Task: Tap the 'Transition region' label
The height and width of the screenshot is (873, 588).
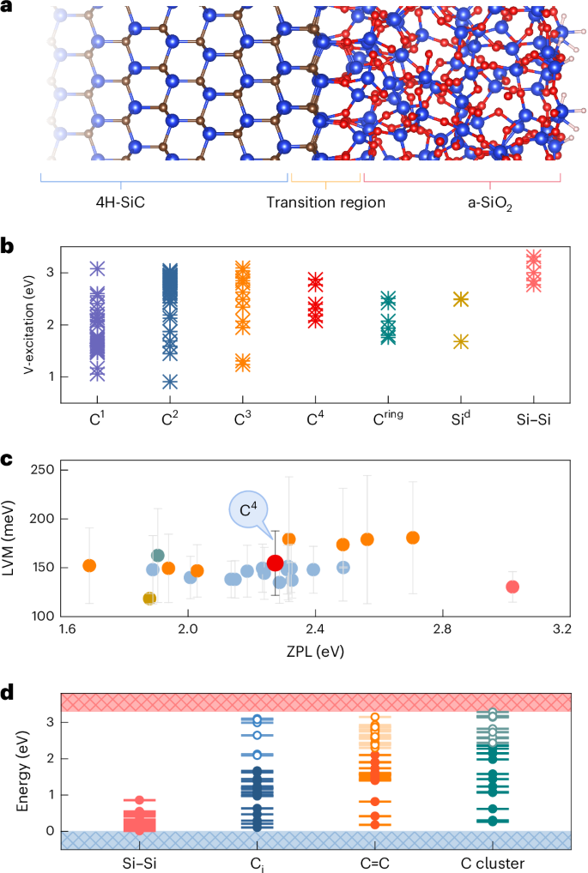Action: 325,203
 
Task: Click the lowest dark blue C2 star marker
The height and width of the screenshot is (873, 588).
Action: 170,381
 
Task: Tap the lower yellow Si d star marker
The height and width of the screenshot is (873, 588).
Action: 461,341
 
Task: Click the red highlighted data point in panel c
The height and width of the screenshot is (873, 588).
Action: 275,563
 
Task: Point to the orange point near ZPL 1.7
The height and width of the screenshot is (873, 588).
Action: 88,565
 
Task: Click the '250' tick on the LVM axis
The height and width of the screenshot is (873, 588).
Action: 45,470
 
